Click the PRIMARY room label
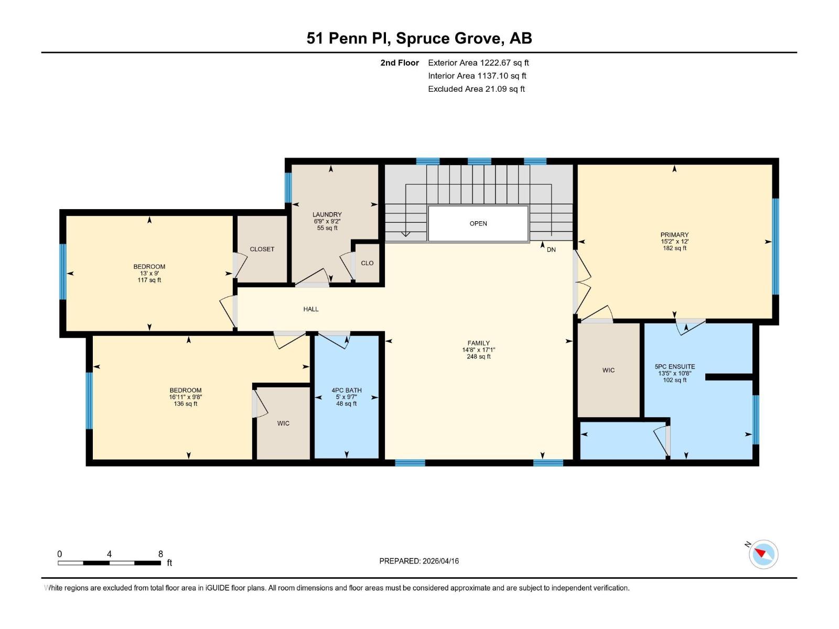674,235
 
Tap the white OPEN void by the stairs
478,224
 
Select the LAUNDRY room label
327,215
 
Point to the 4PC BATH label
346,391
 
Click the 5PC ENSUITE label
674,367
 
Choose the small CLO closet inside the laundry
367,263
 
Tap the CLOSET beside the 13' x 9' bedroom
262,250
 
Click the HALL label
311,309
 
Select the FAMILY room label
478,343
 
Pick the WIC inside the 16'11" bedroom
283,424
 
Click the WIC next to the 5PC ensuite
608,371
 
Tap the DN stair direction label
551,250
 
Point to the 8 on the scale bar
160,554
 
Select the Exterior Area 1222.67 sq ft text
478,63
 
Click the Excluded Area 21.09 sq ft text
476,89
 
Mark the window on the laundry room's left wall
288,187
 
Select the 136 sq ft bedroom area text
186,404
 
